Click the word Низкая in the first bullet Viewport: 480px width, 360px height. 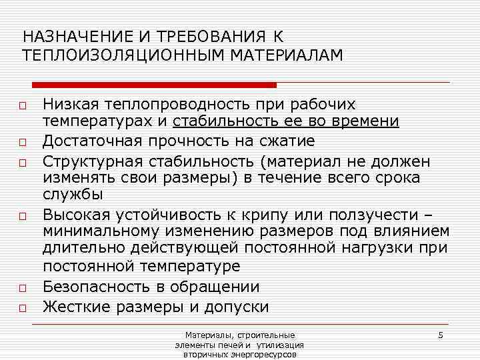tap(69, 105)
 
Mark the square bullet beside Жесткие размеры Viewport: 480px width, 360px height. tap(22, 308)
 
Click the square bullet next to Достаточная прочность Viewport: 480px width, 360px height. tap(22, 142)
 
